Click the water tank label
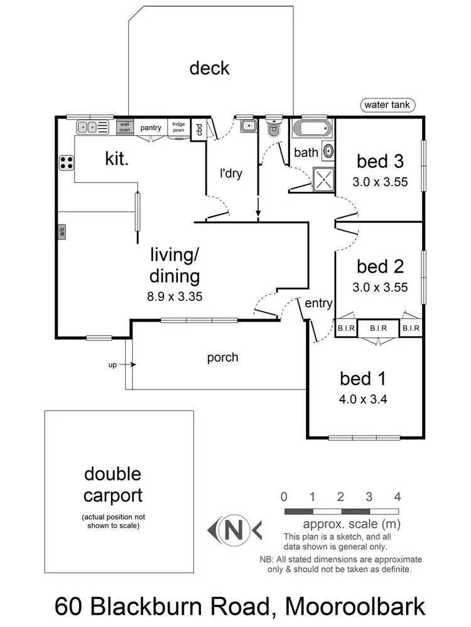point(387,105)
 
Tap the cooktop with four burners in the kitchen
point(66,163)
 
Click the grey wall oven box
point(125,127)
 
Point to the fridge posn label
point(178,127)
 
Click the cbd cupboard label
point(198,129)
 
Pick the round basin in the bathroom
point(328,152)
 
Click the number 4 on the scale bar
point(398,497)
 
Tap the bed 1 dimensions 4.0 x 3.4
point(362,398)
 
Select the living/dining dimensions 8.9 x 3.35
point(175,297)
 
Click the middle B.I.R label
point(378,328)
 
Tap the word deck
point(210,68)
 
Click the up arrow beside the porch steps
point(130,364)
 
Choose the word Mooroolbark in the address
point(354,606)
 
